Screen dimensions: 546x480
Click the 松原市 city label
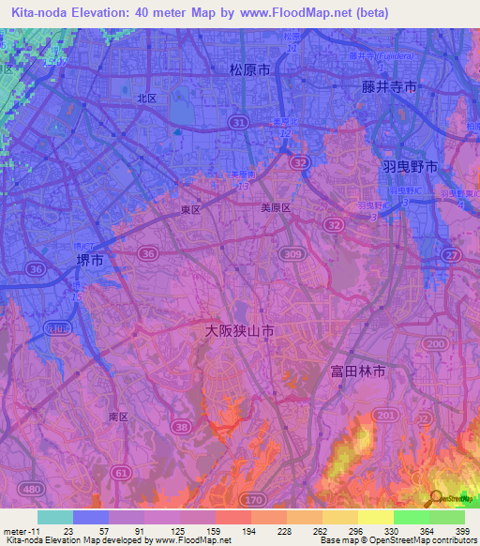[x=250, y=70]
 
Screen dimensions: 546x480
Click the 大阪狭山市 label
[x=240, y=332]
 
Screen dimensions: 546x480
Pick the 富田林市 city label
[x=358, y=372]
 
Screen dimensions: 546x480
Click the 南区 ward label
[x=118, y=416]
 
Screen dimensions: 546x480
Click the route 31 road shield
[x=240, y=123]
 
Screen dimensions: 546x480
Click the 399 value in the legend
[x=461, y=530]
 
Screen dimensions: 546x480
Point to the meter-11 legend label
[x=20, y=530]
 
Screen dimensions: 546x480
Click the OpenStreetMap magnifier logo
[x=438, y=499]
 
